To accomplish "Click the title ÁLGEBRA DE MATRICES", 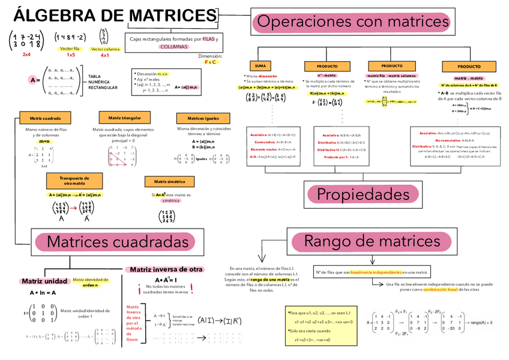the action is pos(114,14).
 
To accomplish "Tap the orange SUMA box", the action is pos(260,65).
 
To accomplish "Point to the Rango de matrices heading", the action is pos(372,242).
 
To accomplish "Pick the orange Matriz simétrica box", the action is pos(169,181).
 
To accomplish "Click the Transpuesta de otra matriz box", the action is pos(74,181).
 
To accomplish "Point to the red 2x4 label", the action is pos(26,55).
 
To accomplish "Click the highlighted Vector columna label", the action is pos(104,49).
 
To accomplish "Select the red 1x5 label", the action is pos(70,55).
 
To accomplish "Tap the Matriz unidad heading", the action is pos(44,281).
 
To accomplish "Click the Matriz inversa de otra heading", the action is pos(166,270).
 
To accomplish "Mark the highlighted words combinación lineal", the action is pos(441,289).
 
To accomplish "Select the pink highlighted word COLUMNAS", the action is pos(174,46).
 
